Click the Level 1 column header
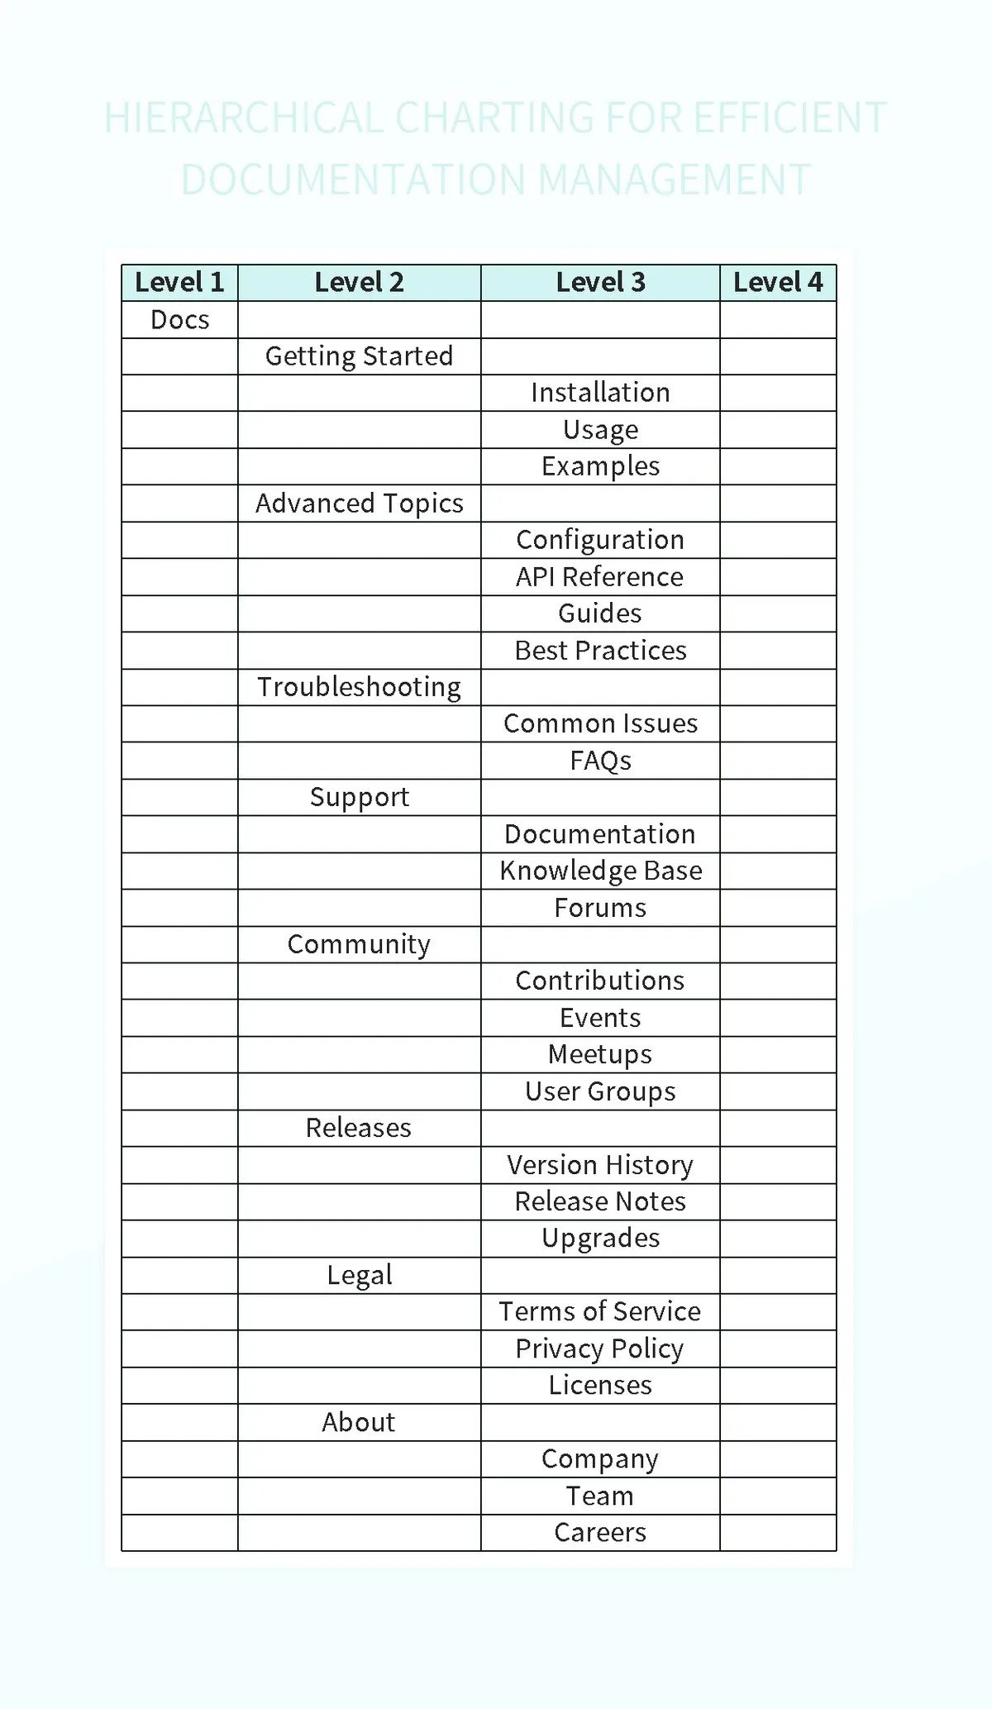179,283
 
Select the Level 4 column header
778,283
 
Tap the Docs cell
179,320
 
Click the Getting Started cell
359,356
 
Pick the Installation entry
600,393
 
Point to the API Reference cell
600,577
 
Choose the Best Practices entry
600,651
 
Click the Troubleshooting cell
359,687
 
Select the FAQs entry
600,761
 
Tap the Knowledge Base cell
600,871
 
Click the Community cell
359,944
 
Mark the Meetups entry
600,1054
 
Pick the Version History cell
600,1165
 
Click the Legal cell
359,1275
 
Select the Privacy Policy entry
600,1349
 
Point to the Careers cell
600,1532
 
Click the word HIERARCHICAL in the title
243,117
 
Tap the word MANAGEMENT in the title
674,179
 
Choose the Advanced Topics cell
359,504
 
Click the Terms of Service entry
600,1311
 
